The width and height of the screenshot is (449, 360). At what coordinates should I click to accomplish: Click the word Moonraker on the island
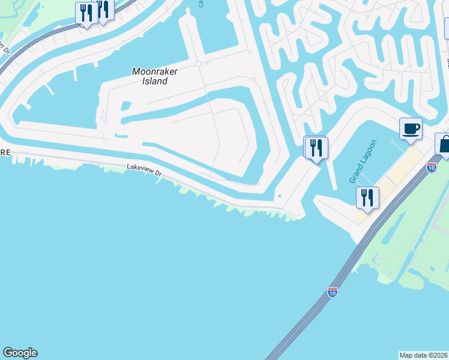(154, 71)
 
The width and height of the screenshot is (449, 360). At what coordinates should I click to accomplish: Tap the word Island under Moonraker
(155, 81)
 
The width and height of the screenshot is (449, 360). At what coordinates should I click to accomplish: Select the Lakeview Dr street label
(144, 172)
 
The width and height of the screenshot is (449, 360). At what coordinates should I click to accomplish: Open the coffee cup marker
(411, 129)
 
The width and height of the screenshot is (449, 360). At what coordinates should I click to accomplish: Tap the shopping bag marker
(444, 145)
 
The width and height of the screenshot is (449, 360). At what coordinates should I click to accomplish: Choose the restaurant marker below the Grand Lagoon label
(367, 197)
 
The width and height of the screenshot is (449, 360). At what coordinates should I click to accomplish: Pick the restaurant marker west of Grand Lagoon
(316, 147)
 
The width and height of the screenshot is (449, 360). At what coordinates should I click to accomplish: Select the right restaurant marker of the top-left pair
(104, 9)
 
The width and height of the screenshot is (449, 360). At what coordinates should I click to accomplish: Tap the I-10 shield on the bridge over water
(333, 292)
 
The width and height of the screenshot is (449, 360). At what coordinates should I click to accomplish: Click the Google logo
(20, 353)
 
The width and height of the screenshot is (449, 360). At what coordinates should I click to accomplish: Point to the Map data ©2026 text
(423, 355)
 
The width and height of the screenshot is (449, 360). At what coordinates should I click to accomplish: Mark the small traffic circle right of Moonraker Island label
(197, 64)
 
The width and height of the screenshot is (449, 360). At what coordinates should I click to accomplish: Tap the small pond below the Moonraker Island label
(125, 106)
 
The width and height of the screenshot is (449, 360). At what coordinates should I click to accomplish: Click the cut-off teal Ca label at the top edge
(200, 4)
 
